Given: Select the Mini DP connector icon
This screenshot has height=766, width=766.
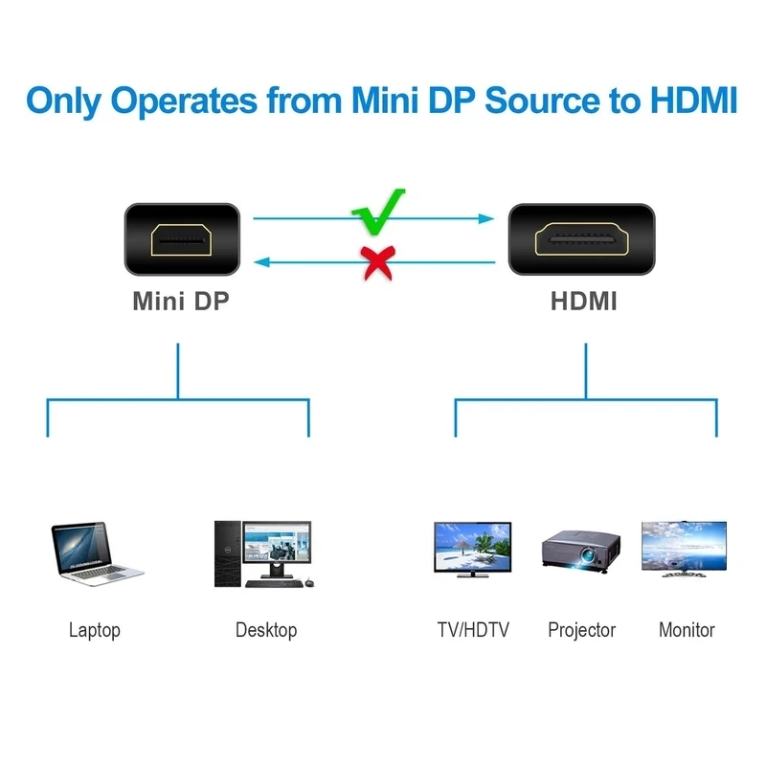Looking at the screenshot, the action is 181,240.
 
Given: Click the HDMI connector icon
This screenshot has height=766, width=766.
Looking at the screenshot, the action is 583,240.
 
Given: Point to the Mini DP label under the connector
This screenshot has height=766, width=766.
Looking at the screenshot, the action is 181,301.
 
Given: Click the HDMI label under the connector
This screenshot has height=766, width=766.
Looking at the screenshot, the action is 583,301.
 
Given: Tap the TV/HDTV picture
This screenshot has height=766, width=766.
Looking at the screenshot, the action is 473,549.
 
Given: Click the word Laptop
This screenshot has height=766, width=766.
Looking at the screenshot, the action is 95,630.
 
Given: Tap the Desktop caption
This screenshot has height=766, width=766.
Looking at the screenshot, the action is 266,630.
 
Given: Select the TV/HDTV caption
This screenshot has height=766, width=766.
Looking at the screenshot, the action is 473,630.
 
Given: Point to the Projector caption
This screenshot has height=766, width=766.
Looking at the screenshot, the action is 581,630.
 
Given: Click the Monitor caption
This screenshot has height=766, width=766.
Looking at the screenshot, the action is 687,630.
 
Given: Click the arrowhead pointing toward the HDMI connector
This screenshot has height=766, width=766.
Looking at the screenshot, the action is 486,218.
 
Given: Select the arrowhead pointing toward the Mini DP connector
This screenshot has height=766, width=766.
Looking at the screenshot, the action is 259,260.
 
